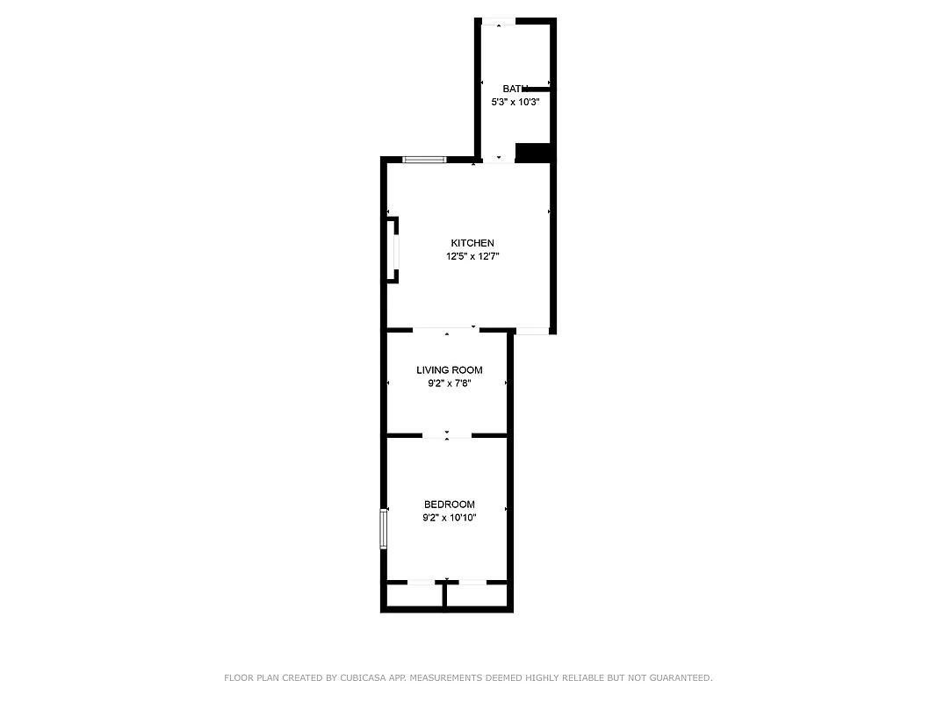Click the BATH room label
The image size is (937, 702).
pos(515,89)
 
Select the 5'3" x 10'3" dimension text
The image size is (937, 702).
pos(515,102)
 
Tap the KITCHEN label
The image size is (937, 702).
pos(472,243)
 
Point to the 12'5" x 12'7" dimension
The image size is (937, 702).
pos(472,256)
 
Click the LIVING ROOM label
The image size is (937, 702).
pos(449,370)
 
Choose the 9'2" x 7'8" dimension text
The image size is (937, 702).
pos(449,383)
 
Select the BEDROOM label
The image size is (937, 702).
pos(449,505)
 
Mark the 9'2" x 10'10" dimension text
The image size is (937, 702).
pos(449,518)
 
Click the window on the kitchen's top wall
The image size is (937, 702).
pos(424,160)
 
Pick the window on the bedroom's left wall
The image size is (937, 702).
pos(384,528)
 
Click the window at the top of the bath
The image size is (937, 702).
pos(499,21)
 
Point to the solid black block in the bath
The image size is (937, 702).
pos(532,153)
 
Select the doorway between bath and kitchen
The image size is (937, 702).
pos(499,161)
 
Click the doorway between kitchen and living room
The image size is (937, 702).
pos(446,330)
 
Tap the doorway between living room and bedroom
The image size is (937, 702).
pos(447,435)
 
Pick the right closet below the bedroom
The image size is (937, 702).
pos(477,596)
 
